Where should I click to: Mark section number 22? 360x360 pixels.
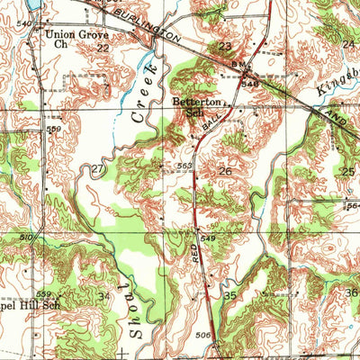103,48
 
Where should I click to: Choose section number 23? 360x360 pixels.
225,46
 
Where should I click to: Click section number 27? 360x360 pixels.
98,168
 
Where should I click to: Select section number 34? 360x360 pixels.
104,295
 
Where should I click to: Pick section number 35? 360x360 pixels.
230,295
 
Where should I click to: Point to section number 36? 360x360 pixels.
351,292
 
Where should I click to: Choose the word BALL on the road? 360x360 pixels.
210,123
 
